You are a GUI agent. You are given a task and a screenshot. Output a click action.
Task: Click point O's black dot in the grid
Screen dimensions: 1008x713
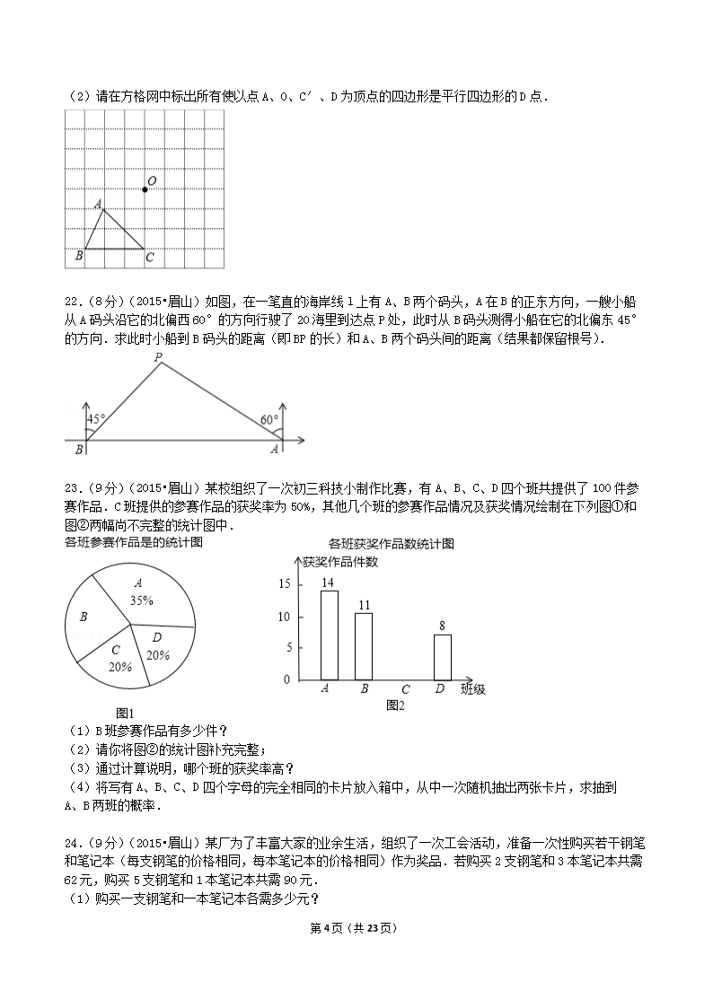[x=145, y=189]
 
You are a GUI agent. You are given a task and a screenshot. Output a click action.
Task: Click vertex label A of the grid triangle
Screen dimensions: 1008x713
[x=99, y=204]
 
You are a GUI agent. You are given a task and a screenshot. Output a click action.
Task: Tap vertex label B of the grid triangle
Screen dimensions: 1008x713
[x=79, y=257]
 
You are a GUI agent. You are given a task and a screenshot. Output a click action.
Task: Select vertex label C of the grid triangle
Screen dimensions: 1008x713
[x=149, y=258]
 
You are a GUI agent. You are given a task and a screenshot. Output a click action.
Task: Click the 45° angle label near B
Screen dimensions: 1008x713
[x=96, y=418]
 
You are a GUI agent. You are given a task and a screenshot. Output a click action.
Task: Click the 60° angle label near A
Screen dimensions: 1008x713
[x=269, y=419]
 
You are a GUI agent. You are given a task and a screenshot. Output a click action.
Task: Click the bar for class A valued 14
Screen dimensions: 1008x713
[x=330, y=635]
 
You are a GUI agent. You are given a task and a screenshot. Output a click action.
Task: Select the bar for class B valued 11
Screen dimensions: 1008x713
[x=364, y=646]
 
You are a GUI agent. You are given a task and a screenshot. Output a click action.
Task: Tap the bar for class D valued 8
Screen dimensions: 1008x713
[x=442, y=657]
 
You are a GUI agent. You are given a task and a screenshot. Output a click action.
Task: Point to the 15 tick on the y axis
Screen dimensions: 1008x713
[x=285, y=583]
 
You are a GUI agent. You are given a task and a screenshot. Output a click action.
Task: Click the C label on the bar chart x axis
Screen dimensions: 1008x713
[x=406, y=689]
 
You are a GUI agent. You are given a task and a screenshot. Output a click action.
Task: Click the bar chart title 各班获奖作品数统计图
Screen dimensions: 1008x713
[x=392, y=544]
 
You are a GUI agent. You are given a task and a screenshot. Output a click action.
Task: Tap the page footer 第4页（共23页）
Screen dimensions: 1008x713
[x=356, y=927]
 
